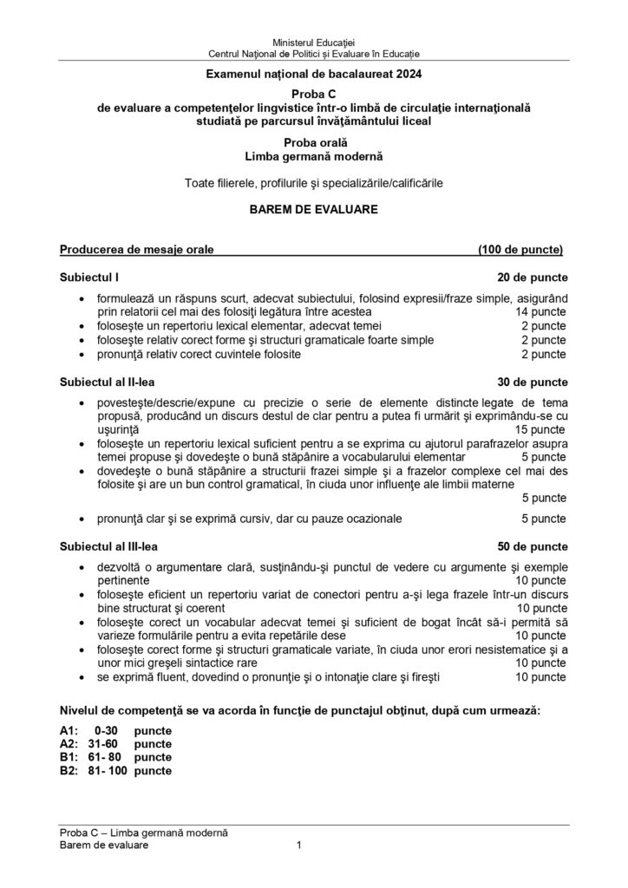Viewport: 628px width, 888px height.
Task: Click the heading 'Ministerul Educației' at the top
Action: pos(313,42)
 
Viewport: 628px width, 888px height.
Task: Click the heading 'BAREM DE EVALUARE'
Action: pos(313,210)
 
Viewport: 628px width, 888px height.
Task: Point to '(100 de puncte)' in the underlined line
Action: pos(520,251)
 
